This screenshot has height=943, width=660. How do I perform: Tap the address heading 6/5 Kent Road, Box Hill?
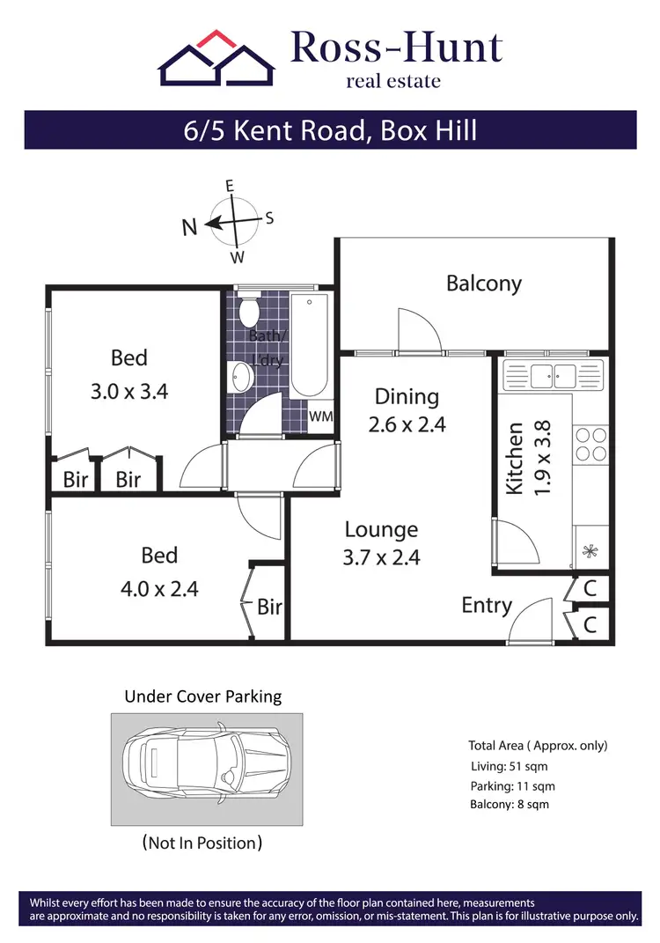[x=330, y=130]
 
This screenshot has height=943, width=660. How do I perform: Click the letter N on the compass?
[x=189, y=227]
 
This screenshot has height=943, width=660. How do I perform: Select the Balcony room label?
[x=483, y=283]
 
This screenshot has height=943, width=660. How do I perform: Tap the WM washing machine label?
[x=321, y=416]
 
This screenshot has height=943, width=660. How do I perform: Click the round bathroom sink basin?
[x=239, y=378]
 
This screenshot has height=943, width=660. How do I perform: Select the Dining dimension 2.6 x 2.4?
[x=407, y=424]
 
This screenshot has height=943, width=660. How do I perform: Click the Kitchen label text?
[x=516, y=458]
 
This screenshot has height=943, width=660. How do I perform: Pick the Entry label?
[x=487, y=606]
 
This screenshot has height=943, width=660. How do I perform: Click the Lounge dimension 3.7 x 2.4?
[x=382, y=557]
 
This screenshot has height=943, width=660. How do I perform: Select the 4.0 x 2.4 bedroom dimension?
[x=159, y=588]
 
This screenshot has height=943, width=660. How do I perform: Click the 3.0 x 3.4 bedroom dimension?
[x=129, y=392]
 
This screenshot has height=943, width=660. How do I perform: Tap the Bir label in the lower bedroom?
[x=269, y=607]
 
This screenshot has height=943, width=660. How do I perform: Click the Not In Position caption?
[x=202, y=843]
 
